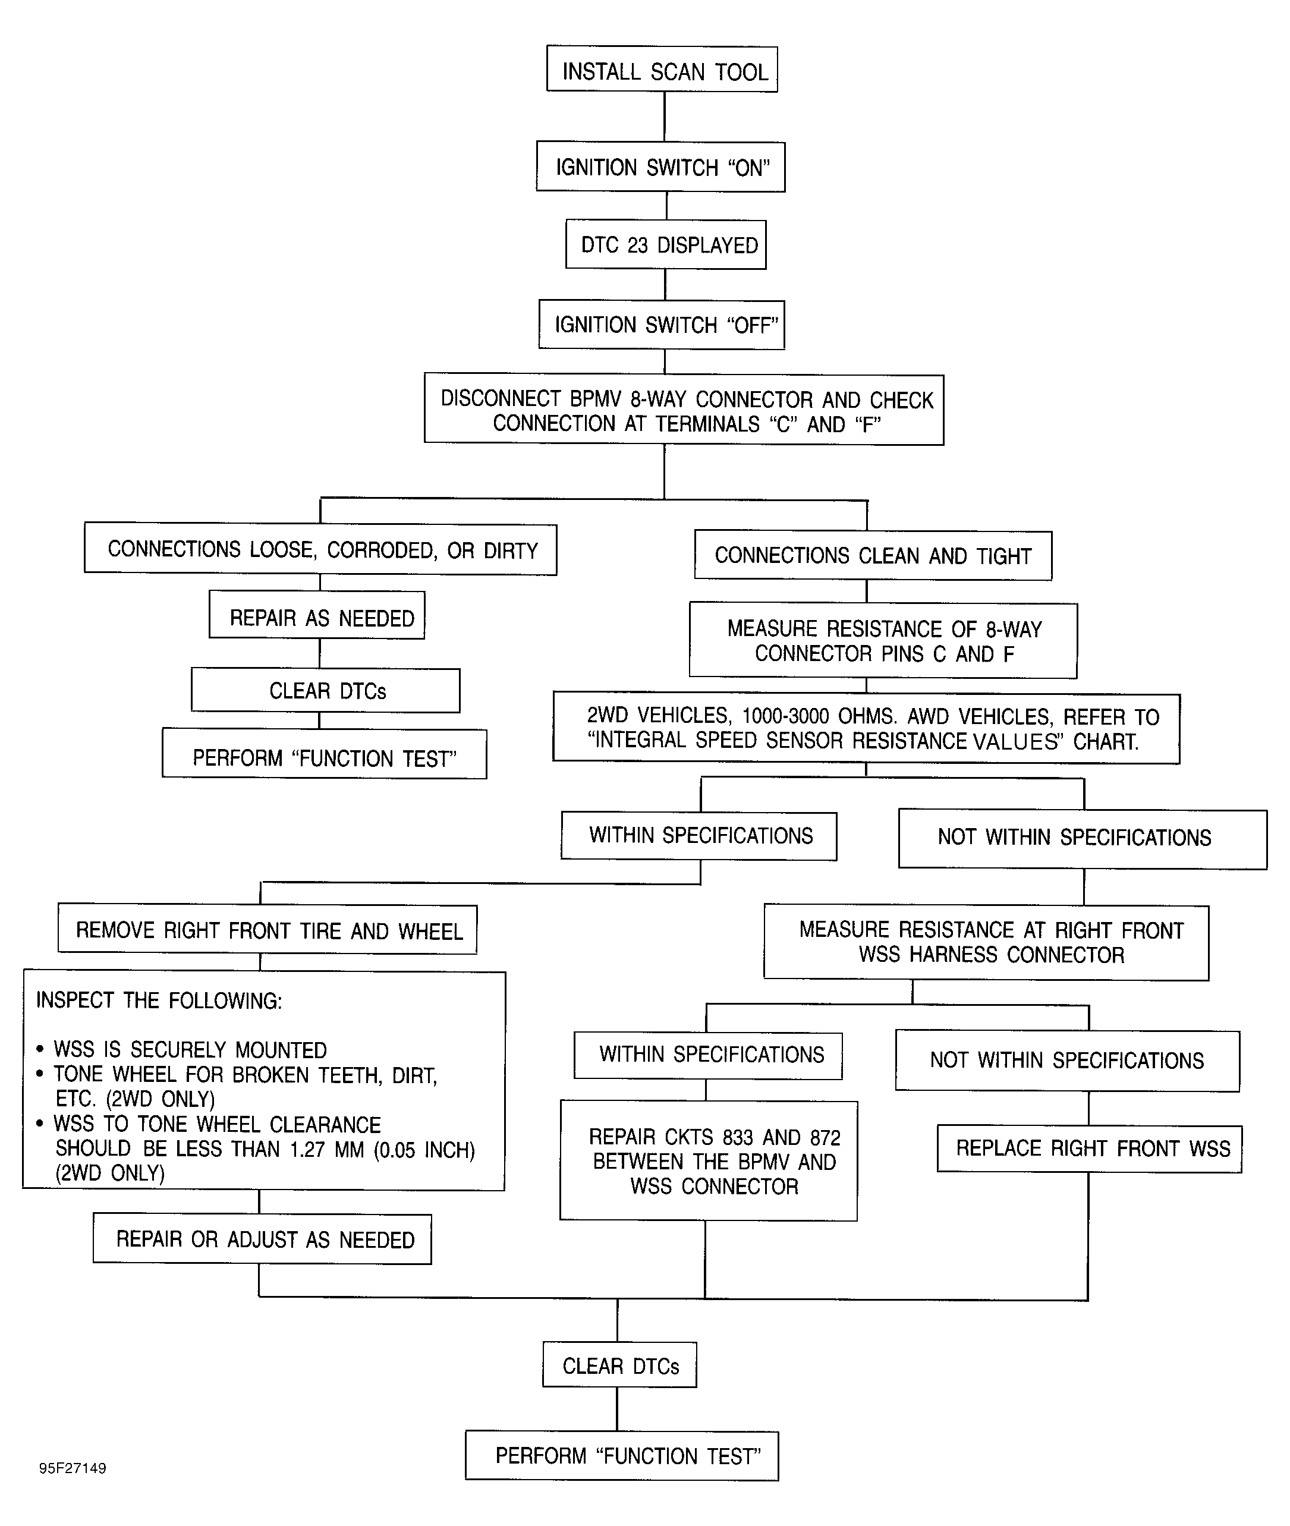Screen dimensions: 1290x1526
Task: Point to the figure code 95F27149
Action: [73, 1468]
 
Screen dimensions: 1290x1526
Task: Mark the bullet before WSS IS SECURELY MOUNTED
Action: [40, 1049]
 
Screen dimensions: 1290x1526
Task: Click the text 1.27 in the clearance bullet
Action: [307, 1150]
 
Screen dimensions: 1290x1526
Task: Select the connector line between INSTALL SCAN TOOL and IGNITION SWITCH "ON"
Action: [664, 117]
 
